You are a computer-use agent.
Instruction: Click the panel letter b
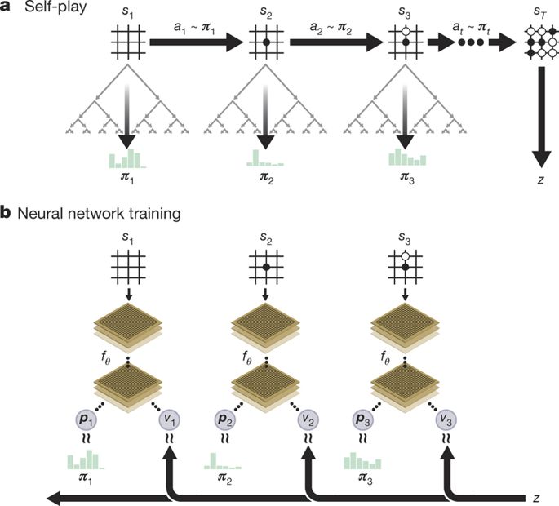click(x=6, y=215)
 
